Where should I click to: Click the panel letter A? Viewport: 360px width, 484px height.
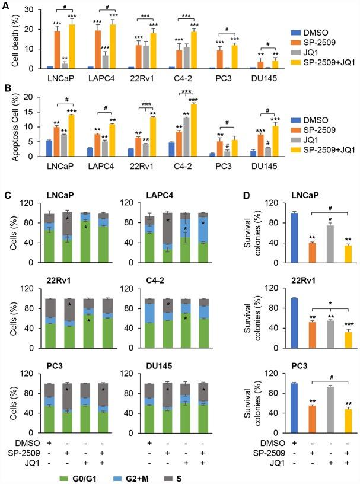(5, 5)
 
